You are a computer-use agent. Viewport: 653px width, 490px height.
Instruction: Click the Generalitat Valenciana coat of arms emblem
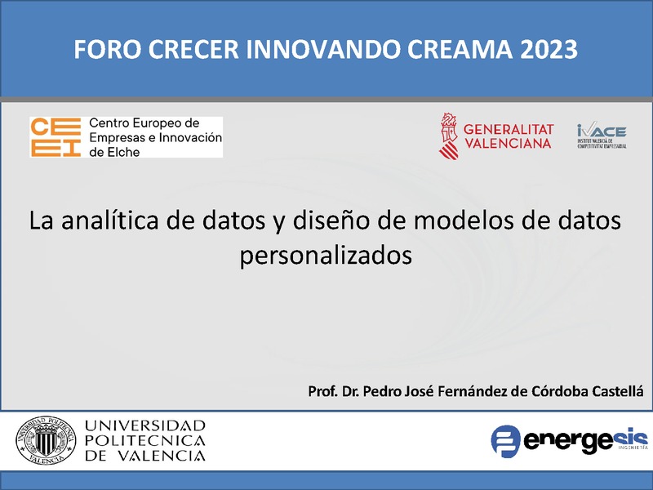[x=447, y=136]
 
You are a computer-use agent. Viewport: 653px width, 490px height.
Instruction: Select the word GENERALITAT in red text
[x=509, y=129]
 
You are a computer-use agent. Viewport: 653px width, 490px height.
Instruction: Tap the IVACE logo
[x=602, y=135]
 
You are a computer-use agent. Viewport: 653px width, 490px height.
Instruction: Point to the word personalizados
[x=326, y=254]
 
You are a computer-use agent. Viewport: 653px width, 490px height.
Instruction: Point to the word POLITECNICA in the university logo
[x=145, y=441]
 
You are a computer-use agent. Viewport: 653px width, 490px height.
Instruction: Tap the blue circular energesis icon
[x=506, y=441]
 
